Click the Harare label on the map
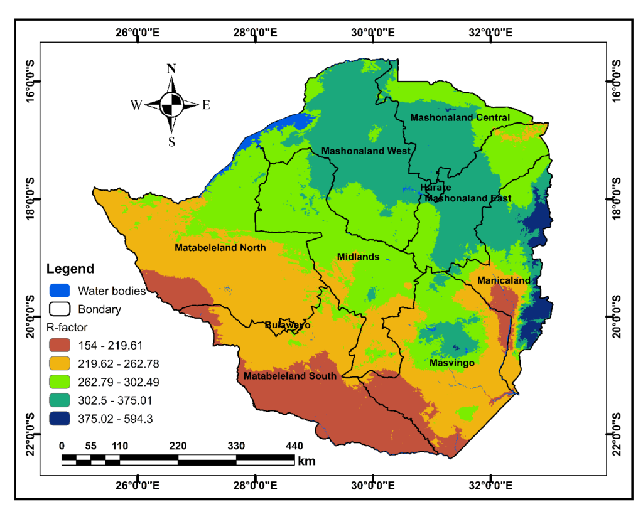pos(435,188)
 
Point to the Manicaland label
pos(504,280)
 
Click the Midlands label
pos(358,257)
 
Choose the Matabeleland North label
pos(220,248)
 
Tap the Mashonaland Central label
pos(460,117)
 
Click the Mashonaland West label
pos(366,151)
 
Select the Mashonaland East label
pos(468,198)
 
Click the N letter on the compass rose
pos(171,69)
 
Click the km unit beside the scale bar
pos(307,461)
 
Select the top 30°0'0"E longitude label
pos(374,32)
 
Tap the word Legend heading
pos(70,269)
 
